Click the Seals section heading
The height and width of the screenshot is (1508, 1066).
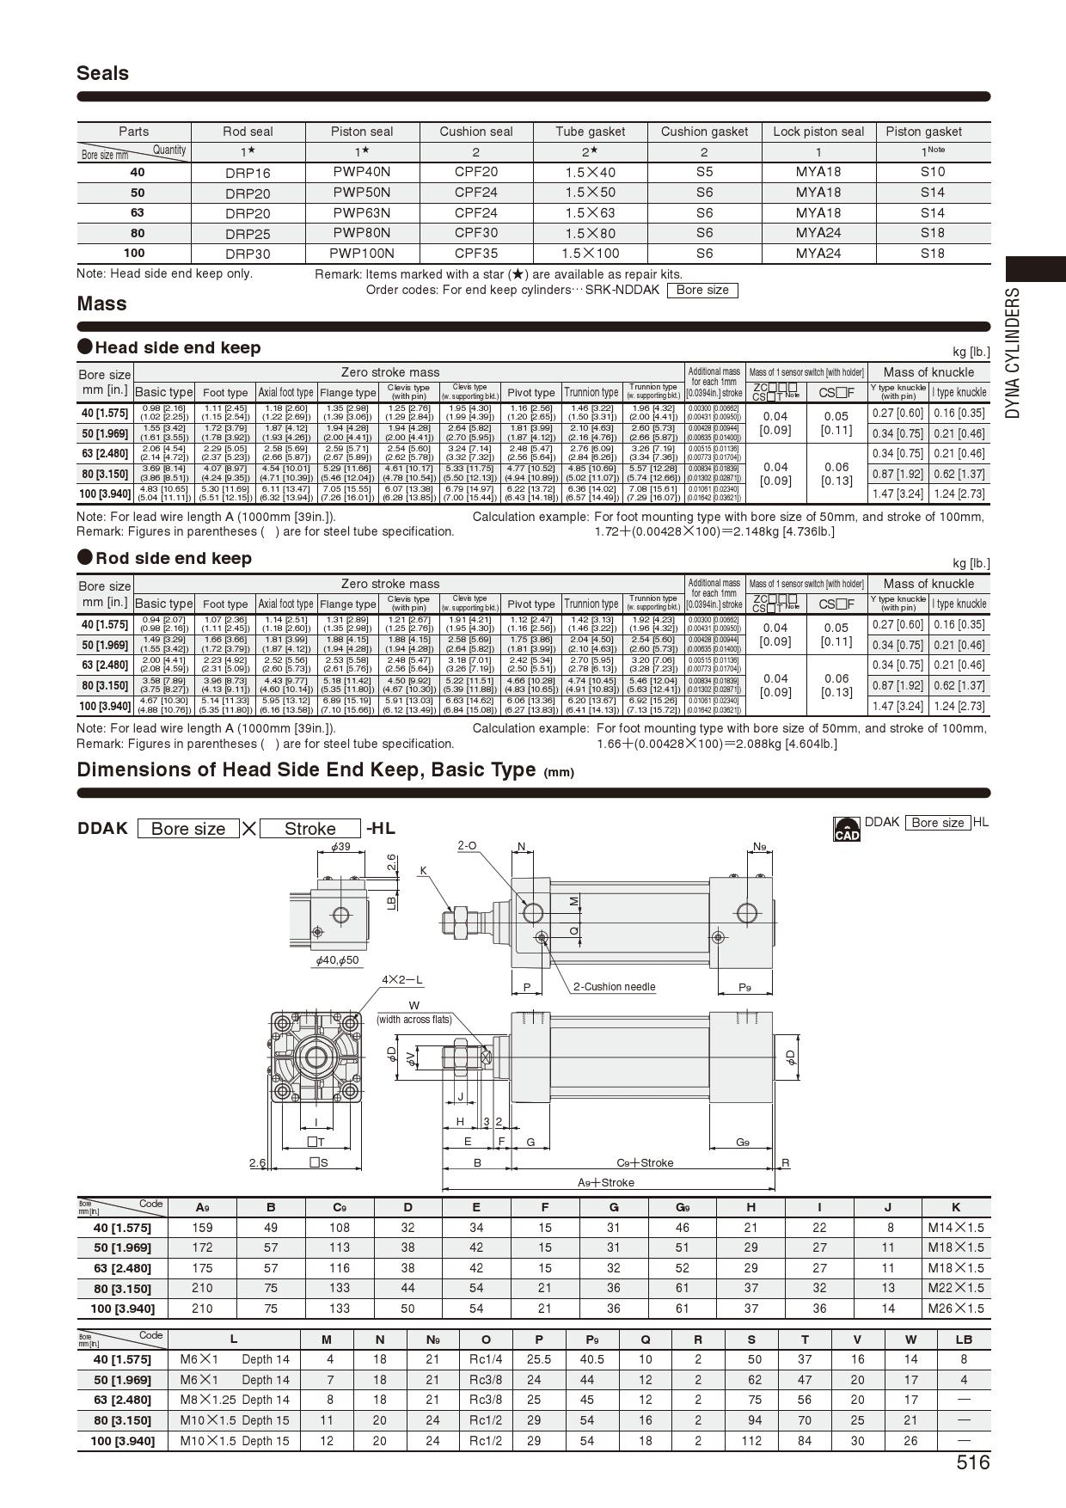(x=102, y=73)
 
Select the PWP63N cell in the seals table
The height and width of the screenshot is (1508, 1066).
(x=361, y=212)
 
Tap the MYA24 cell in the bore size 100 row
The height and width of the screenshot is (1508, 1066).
(x=818, y=253)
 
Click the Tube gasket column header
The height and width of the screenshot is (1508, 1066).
(x=590, y=132)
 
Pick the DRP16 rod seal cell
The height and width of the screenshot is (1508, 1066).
(x=248, y=172)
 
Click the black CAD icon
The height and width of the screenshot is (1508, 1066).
(x=846, y=830)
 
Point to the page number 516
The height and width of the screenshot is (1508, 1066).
(x=972, y=1462)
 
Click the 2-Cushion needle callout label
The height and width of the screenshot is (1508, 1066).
(x=614, y=987)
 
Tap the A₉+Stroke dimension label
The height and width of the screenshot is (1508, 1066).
(x=605, y=1182)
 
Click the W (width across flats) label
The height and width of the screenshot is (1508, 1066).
(x=414, y=1012)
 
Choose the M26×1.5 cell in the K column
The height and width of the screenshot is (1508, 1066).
(x=955, y=1308)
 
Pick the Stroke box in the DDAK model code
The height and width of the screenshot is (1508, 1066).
(x=309, y=829)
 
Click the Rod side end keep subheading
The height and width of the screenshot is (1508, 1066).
(x=173, y=558)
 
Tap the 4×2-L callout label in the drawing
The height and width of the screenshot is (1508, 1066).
(x=402, y=980)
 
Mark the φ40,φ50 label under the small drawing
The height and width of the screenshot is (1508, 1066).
(x=337, y=959)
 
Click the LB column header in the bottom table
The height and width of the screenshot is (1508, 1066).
(x=963, y=1339)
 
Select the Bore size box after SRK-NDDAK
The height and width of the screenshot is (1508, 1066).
(x=701, y=290)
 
